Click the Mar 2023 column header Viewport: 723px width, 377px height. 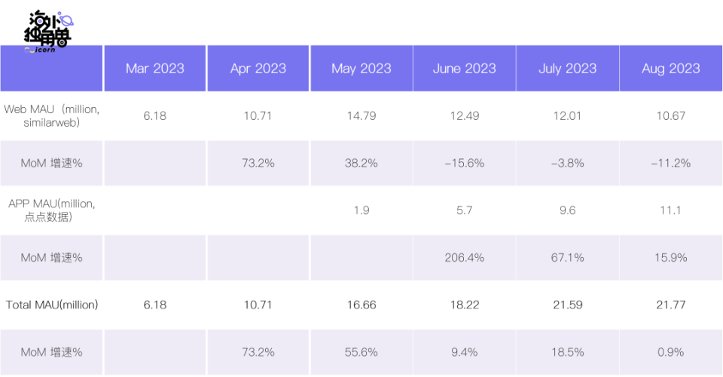point(155,69)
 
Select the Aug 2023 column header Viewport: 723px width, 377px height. point(671,69)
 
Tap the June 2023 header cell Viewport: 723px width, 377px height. point(465,69)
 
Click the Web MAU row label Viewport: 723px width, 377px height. point(52,116)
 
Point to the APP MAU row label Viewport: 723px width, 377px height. point(52,210)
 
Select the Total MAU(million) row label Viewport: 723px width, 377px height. point(52,305)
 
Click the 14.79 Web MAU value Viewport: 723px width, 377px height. point(361,116)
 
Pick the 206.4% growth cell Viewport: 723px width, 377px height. point(465,257)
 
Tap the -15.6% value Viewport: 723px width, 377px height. point(465,163)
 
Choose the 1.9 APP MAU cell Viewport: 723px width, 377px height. point(361,210)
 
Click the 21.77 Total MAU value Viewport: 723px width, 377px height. point(671,305)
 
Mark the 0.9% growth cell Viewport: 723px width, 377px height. point(671,352)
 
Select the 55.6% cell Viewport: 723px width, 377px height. point(361,352)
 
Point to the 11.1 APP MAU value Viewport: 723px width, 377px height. point(671,210)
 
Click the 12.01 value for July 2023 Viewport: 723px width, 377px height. point(568,116)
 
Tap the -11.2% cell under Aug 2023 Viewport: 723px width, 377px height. point(671,163)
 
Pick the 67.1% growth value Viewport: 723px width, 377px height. point(568,257)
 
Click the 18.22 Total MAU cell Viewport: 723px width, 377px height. point(465,305)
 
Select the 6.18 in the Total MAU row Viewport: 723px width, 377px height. point(155,305)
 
